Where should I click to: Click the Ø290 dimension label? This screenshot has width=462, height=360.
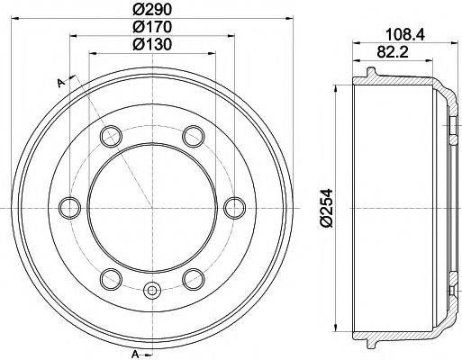click(152, 10)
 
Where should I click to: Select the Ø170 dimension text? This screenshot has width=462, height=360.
click(152, 27)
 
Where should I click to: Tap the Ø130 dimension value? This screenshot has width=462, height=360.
click(152, 44)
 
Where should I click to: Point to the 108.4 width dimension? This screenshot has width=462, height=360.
click(405, 35)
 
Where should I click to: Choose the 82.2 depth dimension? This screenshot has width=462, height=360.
click(393, 52)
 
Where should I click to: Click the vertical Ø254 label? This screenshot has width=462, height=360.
click(326, 208)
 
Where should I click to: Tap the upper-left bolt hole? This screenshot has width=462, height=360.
click(111, 137)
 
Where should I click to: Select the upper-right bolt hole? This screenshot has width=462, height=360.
click(194, 137)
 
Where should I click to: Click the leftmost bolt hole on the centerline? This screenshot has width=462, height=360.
click(69, 208)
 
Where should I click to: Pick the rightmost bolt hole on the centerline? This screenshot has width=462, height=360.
click(235, 208)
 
